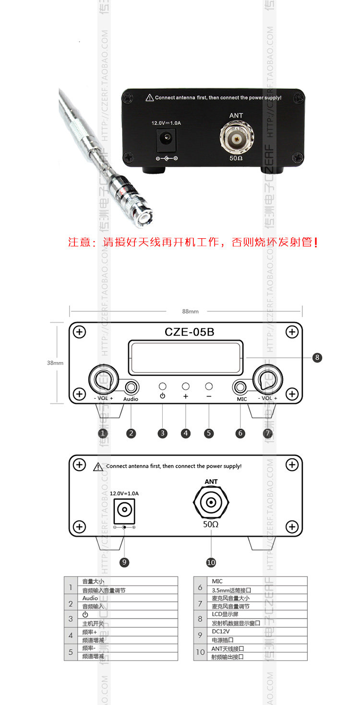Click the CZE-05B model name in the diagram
pyautogui.click(x=189, y=332)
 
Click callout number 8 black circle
pyautogui.click(x=316, y=357)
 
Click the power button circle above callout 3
pyautogui.click(x=163, y=386)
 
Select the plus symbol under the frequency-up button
pyautogui.click(x=186, y=396)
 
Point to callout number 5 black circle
pyautogui.click(x=209, y=433)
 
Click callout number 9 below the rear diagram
pyautogui.click(x=125, y=562)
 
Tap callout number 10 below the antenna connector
pyautogui.click(x=211, y=562)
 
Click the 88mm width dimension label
pyautogui.click(x=191, y=311)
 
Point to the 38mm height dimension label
pyautogui.click(x=55, y=363)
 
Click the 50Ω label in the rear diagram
pyautogui.click(x=211, y=524)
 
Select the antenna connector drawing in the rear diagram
pyautogui.click(x=211, y=503)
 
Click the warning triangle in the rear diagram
pyautogui.click(x=98, y=466)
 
